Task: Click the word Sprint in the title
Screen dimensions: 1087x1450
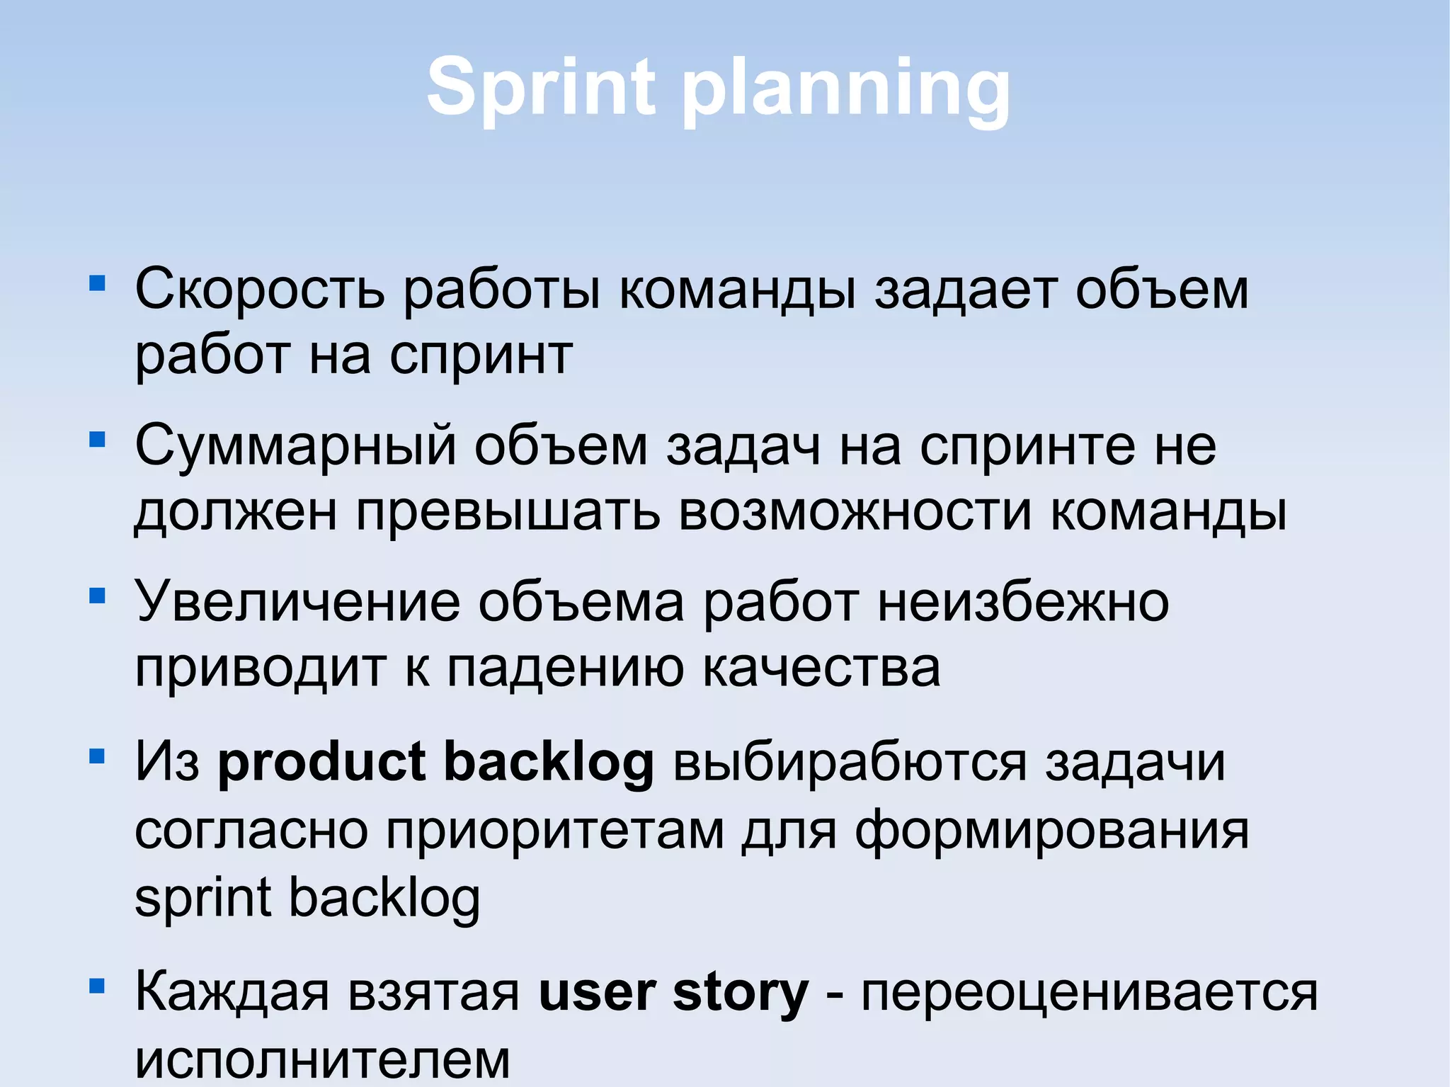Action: point(541,87)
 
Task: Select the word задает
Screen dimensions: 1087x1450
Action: point(966,290)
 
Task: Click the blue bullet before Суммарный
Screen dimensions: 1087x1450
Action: point(97,440)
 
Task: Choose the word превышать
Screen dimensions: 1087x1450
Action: point(508,511)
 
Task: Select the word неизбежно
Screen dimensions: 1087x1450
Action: point(1023,602)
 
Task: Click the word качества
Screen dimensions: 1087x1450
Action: point(821,667)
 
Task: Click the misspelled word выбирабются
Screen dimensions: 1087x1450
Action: point(850,763)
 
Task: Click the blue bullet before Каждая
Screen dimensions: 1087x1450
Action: point(97,986)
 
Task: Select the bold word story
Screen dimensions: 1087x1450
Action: point(740,993)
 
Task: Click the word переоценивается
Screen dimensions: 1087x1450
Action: point(1089,993)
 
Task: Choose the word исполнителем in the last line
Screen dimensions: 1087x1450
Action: point(322,1059)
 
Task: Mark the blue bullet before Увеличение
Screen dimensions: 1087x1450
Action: point(97,596)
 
